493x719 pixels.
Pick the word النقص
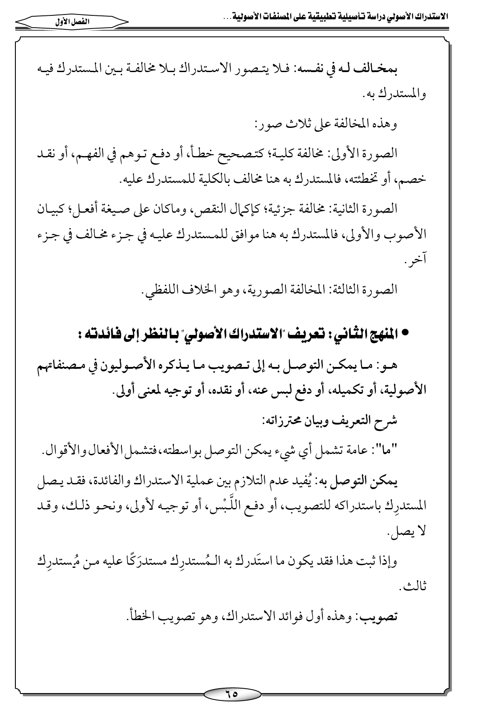tap(229, 209)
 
